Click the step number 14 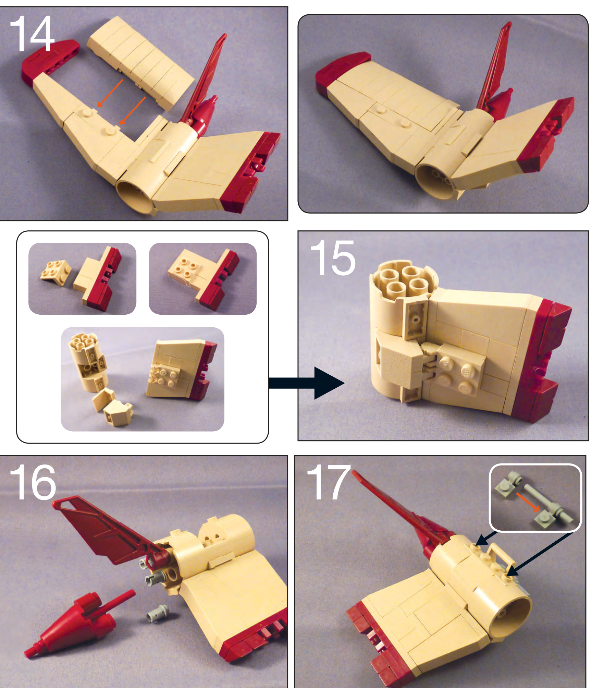click(32, 34)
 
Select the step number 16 click(33, 482)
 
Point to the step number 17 click(328, 482)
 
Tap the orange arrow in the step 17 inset click(528, 503)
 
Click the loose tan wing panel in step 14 click(140, 63)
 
